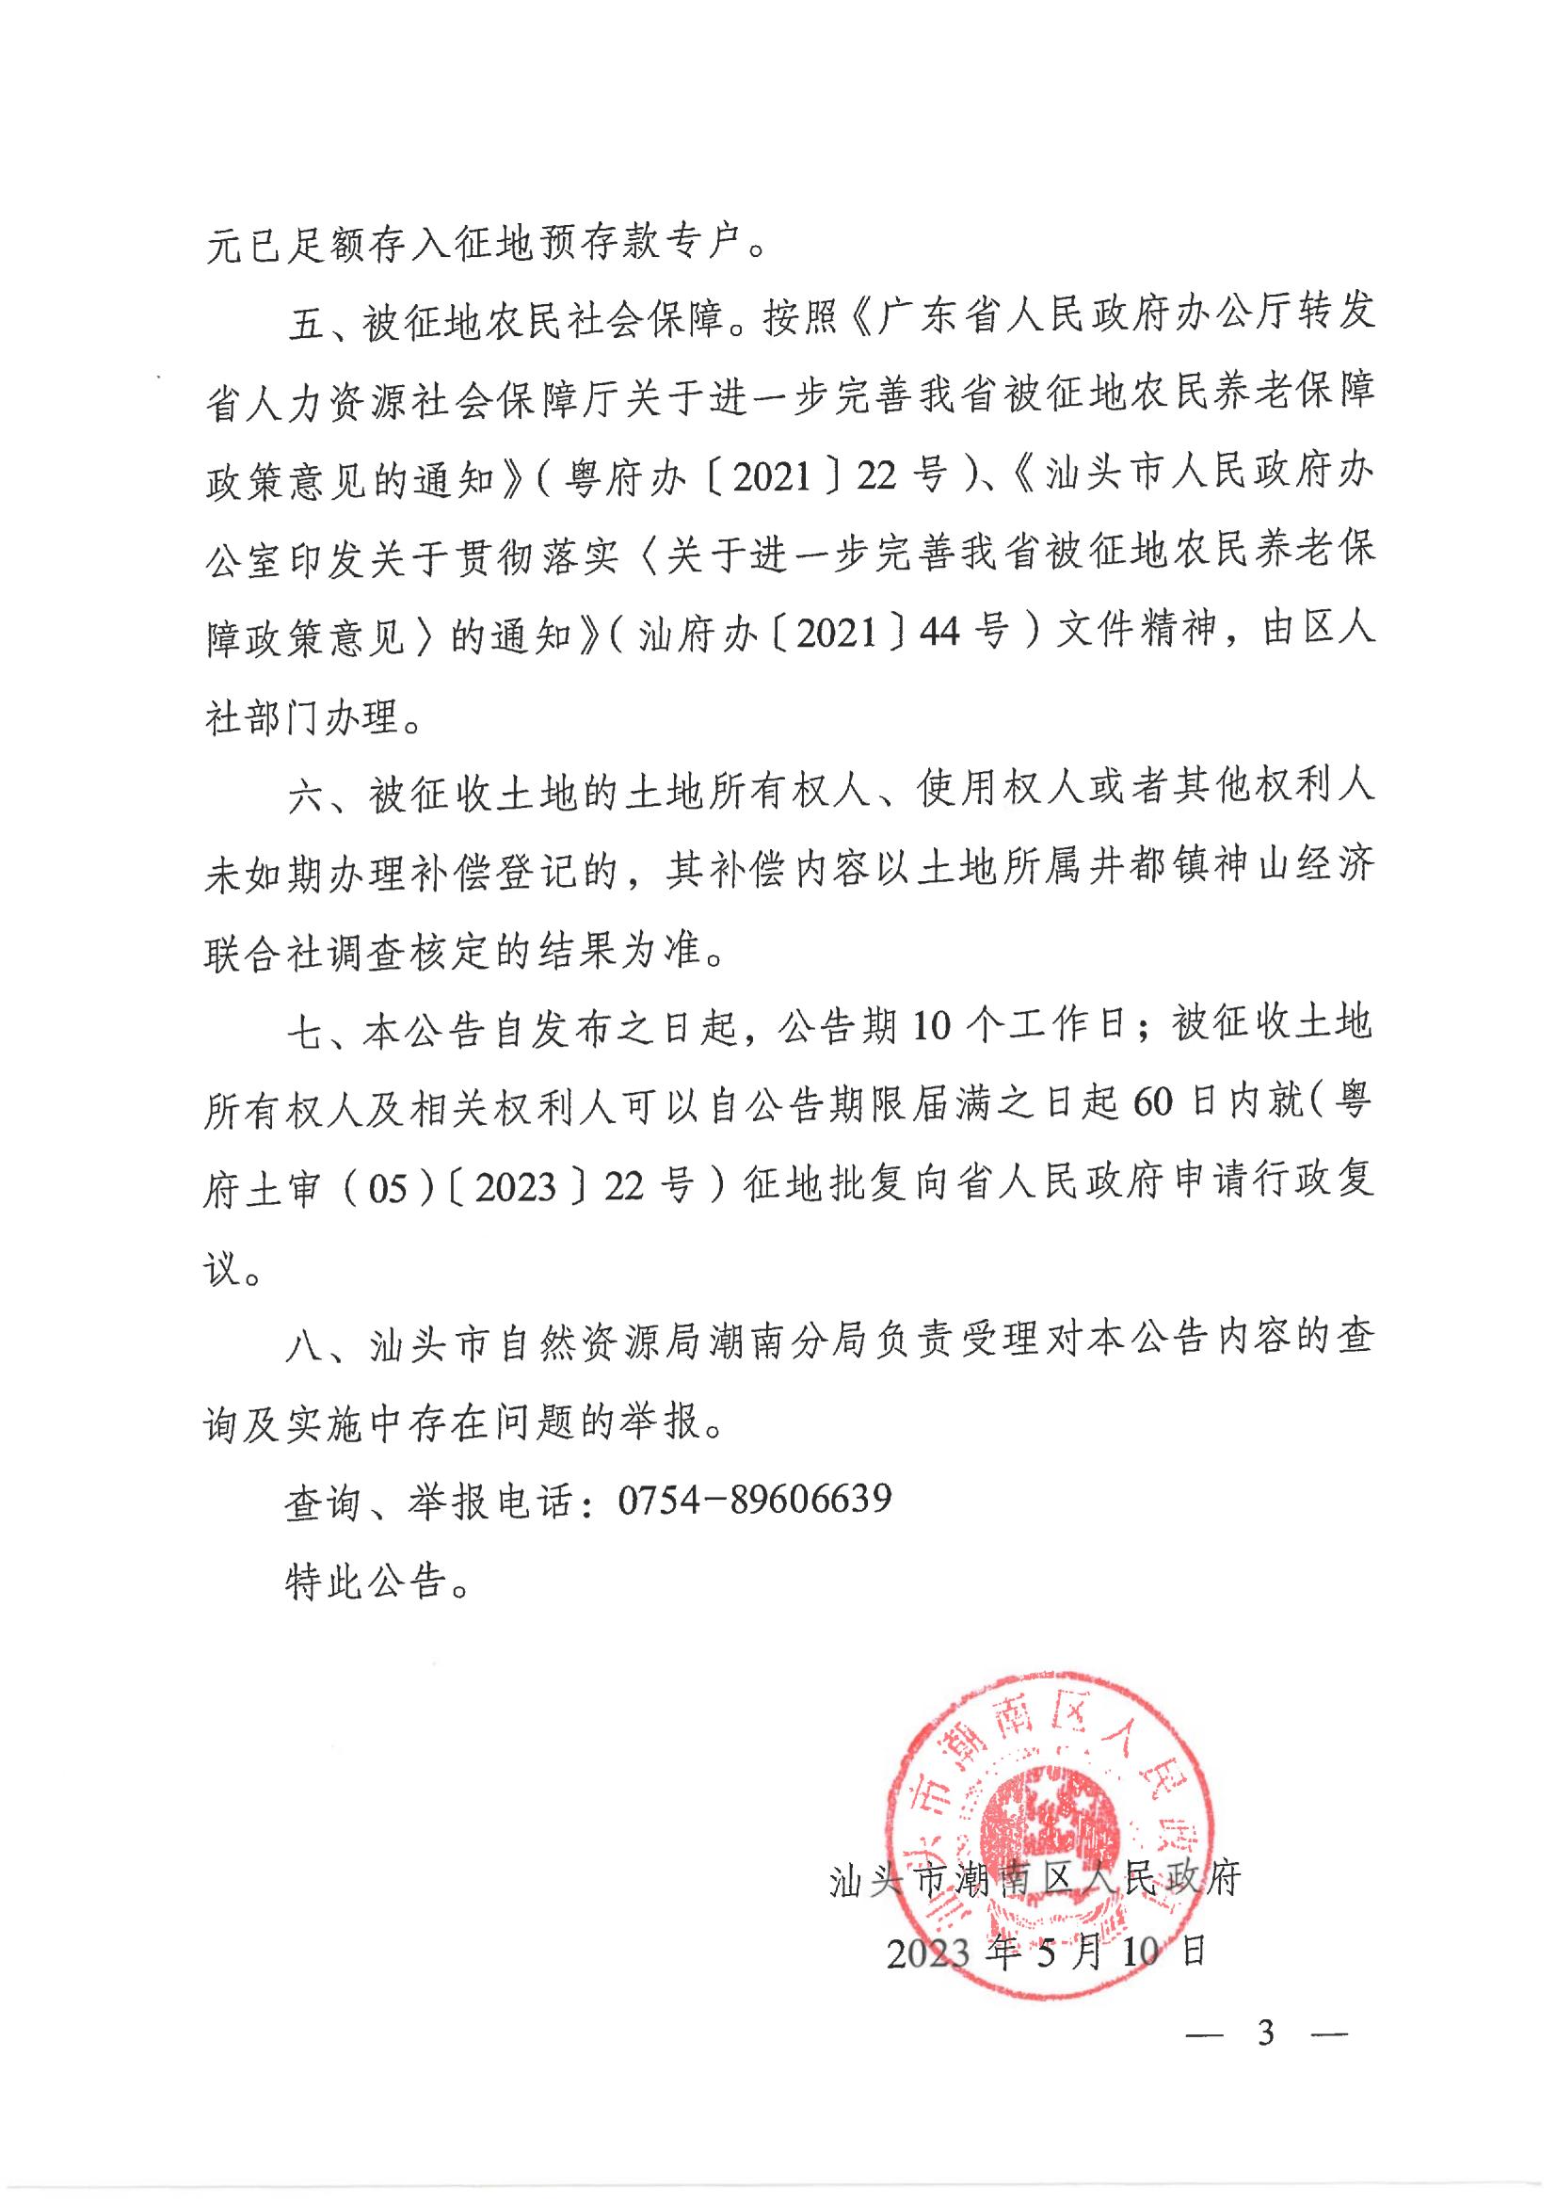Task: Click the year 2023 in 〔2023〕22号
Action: click(x=515, y=1188)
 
